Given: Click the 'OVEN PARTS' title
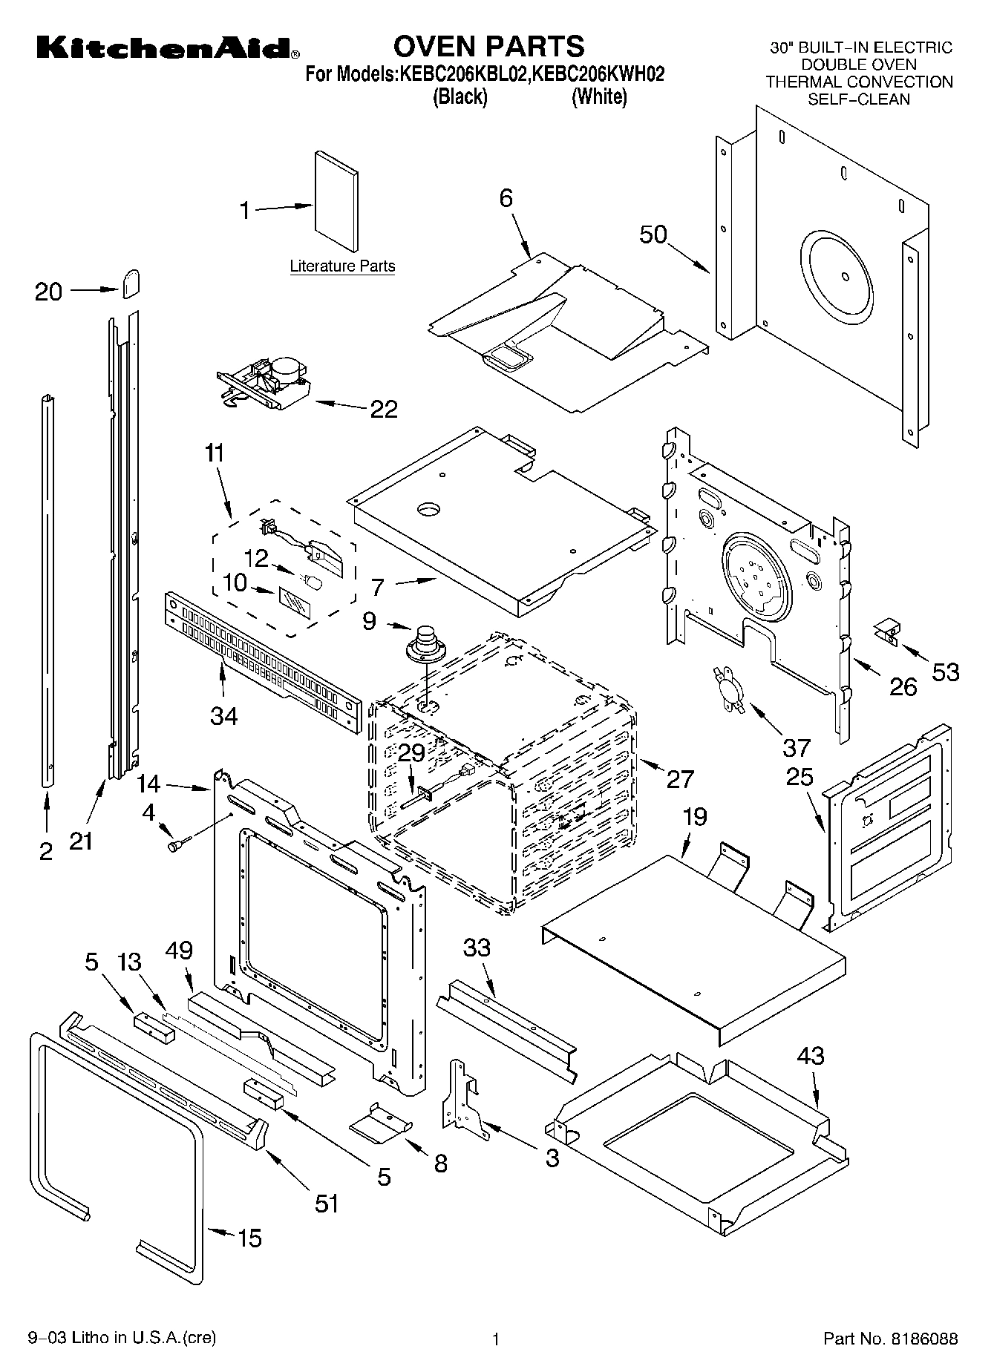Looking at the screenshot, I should pos(488,46).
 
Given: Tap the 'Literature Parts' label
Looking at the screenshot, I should pos(342,266).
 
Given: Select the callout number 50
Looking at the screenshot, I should pos(653,234).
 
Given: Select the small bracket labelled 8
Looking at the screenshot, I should pos(380,1120).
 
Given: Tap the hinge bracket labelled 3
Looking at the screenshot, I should pos(464,1097).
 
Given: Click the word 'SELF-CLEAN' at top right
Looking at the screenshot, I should pos(858,99).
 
